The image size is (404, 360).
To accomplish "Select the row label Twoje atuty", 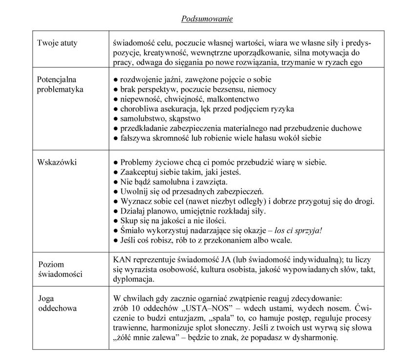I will coord(57,43).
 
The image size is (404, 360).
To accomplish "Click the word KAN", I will coord(122,259).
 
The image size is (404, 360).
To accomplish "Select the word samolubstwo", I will coord(143,118).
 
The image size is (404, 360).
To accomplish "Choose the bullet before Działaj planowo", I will coord(115,211).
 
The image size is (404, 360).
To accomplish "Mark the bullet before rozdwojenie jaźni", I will coord(115,79).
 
